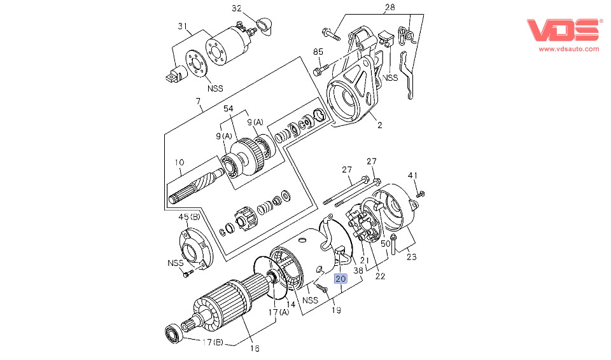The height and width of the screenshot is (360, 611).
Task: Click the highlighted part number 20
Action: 341,279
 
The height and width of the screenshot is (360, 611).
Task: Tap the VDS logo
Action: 563,30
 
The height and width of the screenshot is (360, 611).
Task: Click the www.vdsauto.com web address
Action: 569,49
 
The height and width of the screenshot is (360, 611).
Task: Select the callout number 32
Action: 237,8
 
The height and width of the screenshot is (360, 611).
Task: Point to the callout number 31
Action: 183,26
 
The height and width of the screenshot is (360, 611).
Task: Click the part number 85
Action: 318,52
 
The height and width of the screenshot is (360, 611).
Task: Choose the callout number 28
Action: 390,7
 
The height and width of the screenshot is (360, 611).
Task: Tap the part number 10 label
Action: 179,162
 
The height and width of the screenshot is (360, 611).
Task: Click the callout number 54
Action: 228,108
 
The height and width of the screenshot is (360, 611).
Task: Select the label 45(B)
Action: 189,217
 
